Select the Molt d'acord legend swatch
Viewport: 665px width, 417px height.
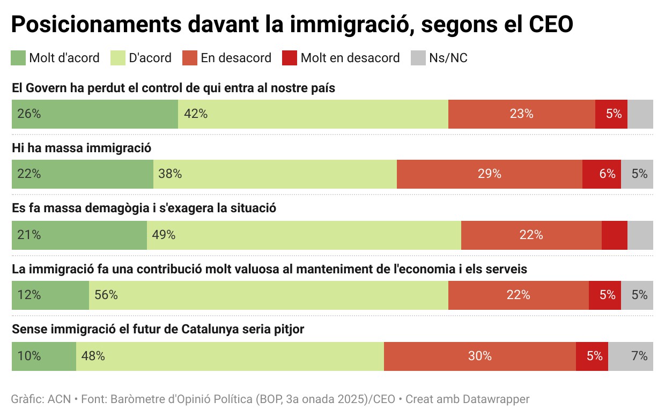(18, 58)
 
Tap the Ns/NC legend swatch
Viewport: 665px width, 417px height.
(418, 58)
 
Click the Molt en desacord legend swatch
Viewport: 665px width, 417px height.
(290, 58)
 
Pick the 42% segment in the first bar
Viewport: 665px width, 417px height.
(313, 114)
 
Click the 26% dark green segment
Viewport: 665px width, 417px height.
(95, 114)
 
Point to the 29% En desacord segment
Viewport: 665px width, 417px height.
(489, 174)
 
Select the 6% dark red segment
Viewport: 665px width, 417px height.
(602, 174)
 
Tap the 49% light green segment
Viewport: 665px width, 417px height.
(304, 235)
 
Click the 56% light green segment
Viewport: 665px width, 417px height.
(269, 295)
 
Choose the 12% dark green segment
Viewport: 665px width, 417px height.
(50, 295)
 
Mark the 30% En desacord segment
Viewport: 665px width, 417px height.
(480, 356)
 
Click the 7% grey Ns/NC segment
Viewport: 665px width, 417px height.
(631, 356)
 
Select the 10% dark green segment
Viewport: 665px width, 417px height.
(44, 356)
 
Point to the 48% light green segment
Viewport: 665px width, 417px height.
(230, 356)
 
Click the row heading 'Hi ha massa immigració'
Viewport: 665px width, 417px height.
(82, 148)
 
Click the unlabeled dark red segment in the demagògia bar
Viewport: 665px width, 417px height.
(615, 235)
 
